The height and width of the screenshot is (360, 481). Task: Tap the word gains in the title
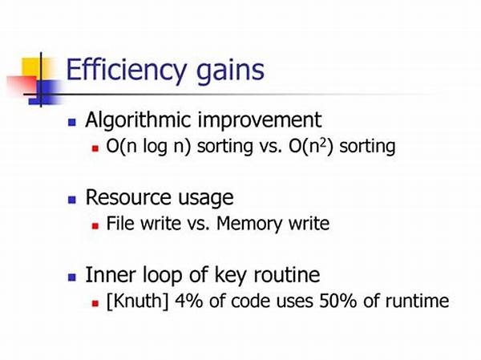click(x=230, y=71)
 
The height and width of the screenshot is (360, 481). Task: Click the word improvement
click(x=260, y=120)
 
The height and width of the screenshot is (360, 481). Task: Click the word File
click(x=120, y=223)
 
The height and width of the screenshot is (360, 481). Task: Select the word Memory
click(x=249, y=224)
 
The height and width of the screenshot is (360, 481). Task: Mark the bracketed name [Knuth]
click(x=137, y=301)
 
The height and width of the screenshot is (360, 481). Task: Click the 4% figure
click(x=188, y=301)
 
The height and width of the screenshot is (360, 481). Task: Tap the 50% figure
click(x=338, y=301)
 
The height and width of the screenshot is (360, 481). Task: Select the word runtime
click(x=417, y=301)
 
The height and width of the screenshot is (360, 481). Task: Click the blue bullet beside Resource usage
click(x=72, y=200)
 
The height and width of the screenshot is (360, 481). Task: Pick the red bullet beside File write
click(x=95, y=226)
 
